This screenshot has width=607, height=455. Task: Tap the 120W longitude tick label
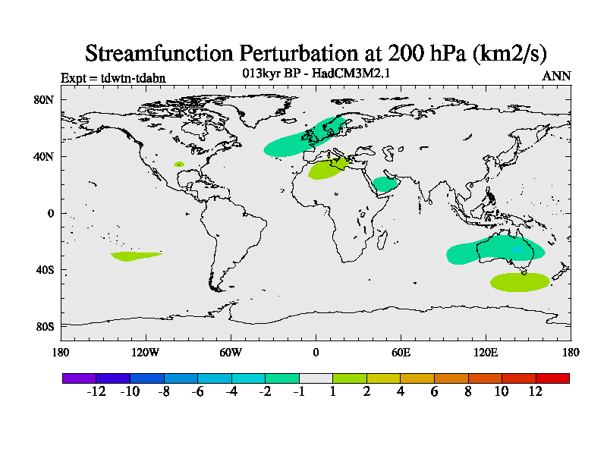146,352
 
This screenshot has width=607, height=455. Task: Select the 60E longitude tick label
401,352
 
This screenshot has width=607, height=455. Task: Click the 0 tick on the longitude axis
316,352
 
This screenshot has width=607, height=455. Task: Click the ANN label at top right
556,77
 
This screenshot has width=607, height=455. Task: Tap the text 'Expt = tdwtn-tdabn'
113,77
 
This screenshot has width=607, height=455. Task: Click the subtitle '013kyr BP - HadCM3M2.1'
316,74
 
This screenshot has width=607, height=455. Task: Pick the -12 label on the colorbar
96,391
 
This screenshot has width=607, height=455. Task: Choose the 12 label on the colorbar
536,391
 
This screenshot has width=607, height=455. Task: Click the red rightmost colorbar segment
552,378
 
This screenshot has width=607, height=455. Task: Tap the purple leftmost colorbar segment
79,378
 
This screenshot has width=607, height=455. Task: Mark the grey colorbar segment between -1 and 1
316,378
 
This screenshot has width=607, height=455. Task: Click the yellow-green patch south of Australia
520,282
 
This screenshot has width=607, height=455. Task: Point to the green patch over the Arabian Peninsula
385,184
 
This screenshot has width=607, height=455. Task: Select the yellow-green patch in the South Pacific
134,256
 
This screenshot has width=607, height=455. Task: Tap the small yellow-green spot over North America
179,164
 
